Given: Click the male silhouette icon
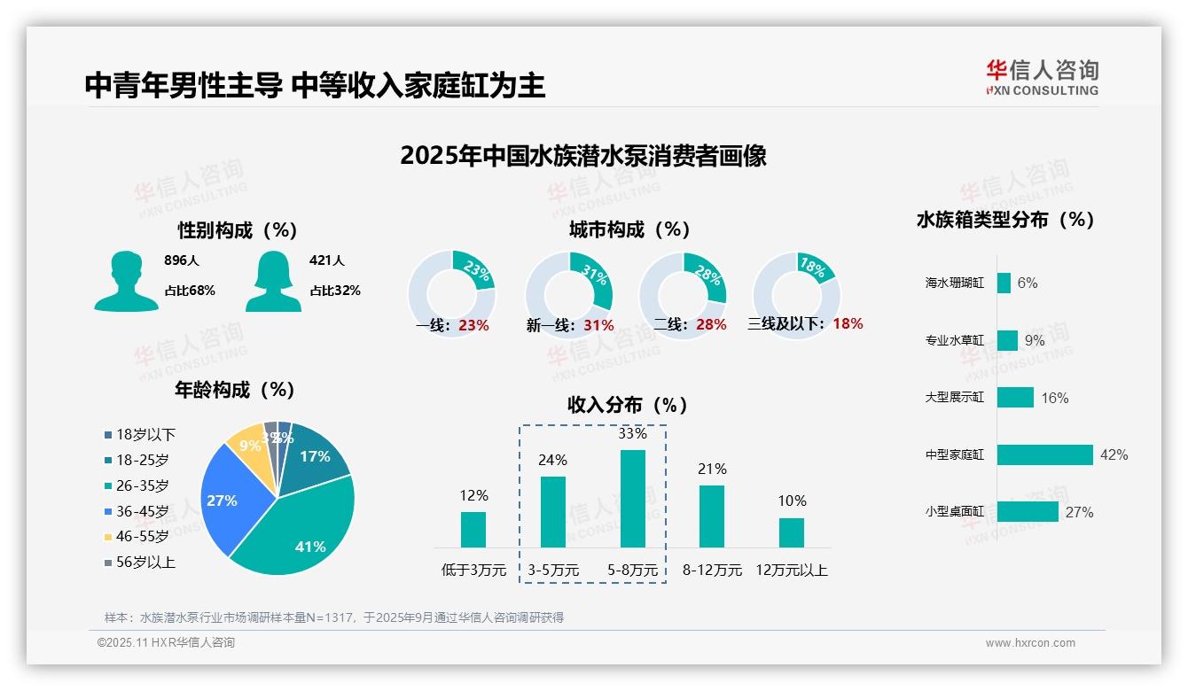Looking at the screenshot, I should (126, 281).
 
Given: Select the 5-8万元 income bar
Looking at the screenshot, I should (632, 499).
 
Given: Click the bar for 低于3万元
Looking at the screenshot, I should (473, 530).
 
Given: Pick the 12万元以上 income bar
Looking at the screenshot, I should (791, 532).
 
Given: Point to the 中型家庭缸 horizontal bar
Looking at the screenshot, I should (1044, 454).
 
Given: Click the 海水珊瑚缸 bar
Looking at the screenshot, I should (1004, 283).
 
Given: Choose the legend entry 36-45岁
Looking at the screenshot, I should (142, 511).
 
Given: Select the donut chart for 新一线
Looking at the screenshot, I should (568, 294).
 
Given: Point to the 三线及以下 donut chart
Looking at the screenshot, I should (796, 294).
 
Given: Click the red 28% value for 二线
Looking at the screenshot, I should (711, 325).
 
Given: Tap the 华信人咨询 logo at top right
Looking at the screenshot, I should (1042, 78).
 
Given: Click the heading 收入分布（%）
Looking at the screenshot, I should (628, 405).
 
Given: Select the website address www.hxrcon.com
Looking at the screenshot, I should (1030, 643).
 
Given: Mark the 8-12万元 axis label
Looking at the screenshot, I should (712, 571).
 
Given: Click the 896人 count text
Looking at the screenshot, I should (182, 260).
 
